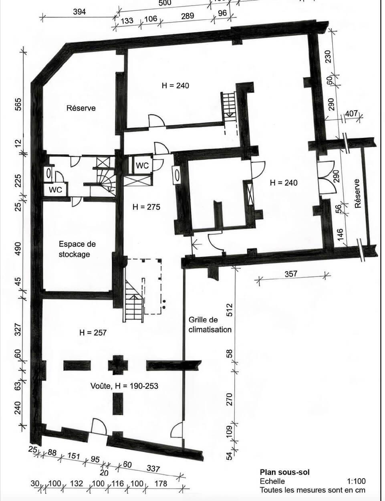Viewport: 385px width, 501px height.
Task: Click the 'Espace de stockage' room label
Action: [x=77, y=249]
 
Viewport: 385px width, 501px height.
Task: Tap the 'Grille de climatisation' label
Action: [x=210, y=325]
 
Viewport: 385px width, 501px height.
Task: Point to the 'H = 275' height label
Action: [x=146, y=207]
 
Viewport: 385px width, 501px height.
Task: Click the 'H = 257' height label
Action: [x=93, y=332]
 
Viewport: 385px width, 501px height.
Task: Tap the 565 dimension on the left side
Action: [x=18, y=104]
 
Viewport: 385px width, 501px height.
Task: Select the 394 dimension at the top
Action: [x=79, y=12]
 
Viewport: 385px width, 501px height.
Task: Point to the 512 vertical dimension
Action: [x=230, y=310]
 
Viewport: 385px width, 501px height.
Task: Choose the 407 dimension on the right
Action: [x=352, y=113]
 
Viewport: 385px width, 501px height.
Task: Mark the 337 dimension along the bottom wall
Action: [x=153, y=462]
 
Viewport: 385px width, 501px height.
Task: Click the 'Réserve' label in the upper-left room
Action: [x=81, y=108]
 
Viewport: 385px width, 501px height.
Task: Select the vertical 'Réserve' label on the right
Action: [x=357, y=194]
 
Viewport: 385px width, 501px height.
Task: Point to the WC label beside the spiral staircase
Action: [x=55, y=190]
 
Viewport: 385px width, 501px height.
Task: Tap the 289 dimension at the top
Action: [x=187, y=16]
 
